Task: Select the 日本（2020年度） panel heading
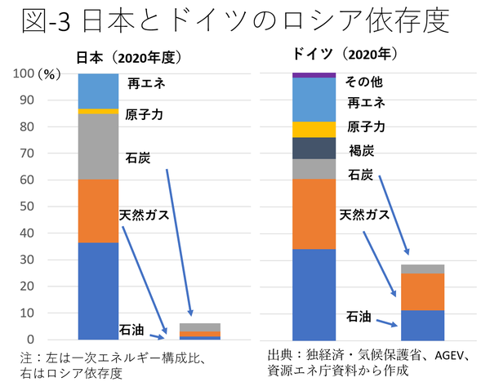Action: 128,58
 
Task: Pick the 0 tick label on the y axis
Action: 30,340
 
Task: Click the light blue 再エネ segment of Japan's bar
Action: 98,91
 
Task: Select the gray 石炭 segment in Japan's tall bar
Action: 98,146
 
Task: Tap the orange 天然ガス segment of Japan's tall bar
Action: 98,211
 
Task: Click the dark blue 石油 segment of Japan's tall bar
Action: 98,290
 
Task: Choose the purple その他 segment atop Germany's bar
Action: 314,75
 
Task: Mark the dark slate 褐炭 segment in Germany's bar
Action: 314,148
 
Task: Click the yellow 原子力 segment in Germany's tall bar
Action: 314,129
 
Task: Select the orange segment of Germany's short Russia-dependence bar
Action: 422,291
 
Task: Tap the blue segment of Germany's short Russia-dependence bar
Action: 422,324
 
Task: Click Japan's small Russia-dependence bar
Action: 199,331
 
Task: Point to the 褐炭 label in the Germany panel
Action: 361,150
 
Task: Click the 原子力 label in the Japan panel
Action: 145,114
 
